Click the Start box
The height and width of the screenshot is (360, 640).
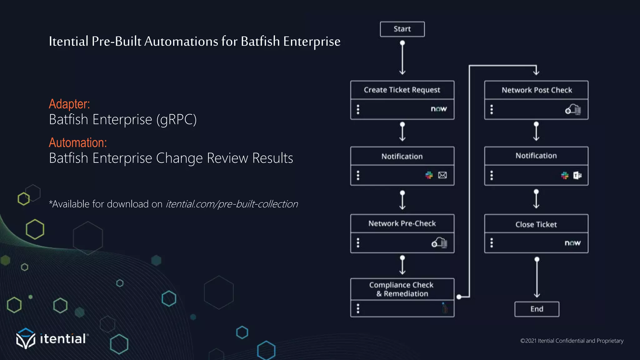click(402, 29)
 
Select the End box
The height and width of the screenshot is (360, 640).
click(537, 309)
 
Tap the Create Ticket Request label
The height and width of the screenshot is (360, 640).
click(402, 90)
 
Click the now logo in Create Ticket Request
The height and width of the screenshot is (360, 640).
click(439, 109)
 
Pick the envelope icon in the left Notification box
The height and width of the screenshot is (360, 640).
click(442, 175)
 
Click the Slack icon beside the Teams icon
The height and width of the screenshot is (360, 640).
click(565, 176)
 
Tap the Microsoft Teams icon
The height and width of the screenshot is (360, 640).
click(577, 176)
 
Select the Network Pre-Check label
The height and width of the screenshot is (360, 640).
click(402, 223)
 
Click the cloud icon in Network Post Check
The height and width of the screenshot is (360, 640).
click(573, 110)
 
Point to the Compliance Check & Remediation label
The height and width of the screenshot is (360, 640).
click(402, 289)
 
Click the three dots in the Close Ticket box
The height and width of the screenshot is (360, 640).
click(492, 243)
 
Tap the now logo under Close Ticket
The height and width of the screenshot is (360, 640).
click(572, 243)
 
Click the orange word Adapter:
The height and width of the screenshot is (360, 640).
click(69, 104)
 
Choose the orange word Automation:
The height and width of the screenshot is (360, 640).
click(78, 143)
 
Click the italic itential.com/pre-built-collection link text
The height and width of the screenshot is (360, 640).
click(232, 204)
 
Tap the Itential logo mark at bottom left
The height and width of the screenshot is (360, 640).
click(26, 338)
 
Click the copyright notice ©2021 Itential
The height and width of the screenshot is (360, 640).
click(572, 341)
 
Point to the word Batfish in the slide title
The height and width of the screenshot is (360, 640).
click(260, 42)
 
